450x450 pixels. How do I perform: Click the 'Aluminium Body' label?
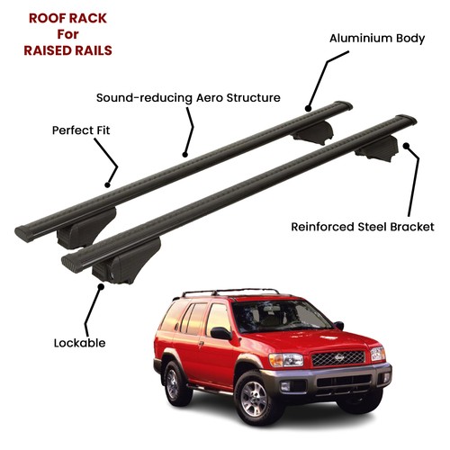click(377, 39)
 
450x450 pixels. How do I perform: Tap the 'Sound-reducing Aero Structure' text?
click(188, 98)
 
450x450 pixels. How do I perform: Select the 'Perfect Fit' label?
click(81, 130)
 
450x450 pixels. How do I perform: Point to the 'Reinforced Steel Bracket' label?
click(363, 227)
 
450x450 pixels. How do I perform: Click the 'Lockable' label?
click(79, 343)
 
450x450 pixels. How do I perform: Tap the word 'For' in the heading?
click(68, 34)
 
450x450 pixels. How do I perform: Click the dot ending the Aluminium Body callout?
click(308, 108)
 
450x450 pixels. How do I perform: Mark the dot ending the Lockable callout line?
click(101, 287)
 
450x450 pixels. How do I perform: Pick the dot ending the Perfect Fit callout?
click(107, 185)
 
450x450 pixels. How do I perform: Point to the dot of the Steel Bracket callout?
click(406, 146)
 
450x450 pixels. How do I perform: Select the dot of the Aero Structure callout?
click(184, 155)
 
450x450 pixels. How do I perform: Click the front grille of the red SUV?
click(338, 358)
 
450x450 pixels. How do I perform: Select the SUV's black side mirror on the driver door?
click(220, 333)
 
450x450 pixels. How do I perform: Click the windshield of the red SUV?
click(281, 316)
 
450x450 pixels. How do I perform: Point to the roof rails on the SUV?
click(230, 291)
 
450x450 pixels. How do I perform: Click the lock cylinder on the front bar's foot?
click(112, 275)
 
